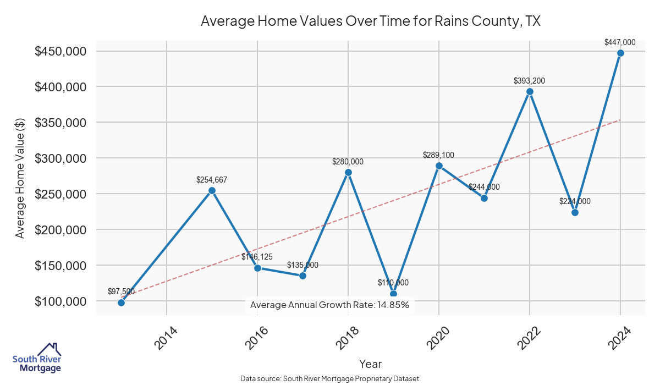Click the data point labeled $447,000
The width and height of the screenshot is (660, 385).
(x=620, y=53)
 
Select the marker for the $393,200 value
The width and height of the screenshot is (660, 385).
(x=530, y=92)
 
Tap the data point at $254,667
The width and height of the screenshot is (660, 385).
(x=212, y=191)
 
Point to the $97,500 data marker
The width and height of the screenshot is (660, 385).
(x=121, y=302)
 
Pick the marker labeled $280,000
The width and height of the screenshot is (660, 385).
(x=348, y=173)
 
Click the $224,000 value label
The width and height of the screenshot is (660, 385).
(x=575, y=201)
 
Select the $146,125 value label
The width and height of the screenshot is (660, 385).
(x=257, y=257)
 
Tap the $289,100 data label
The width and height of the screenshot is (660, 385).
(x=438, y=155)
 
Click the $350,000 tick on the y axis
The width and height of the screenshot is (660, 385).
(x=61, y=123)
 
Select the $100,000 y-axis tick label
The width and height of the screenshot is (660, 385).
(x=61, y=301)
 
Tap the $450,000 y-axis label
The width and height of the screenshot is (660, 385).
(x=61, y=51)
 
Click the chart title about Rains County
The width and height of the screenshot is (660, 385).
(x=371, y=21)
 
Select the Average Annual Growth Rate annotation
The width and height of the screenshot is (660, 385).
(x=329, y=305)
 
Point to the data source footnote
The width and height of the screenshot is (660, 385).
(x=329, y=378)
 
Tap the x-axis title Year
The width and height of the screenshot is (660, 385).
(x=370, y=364)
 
